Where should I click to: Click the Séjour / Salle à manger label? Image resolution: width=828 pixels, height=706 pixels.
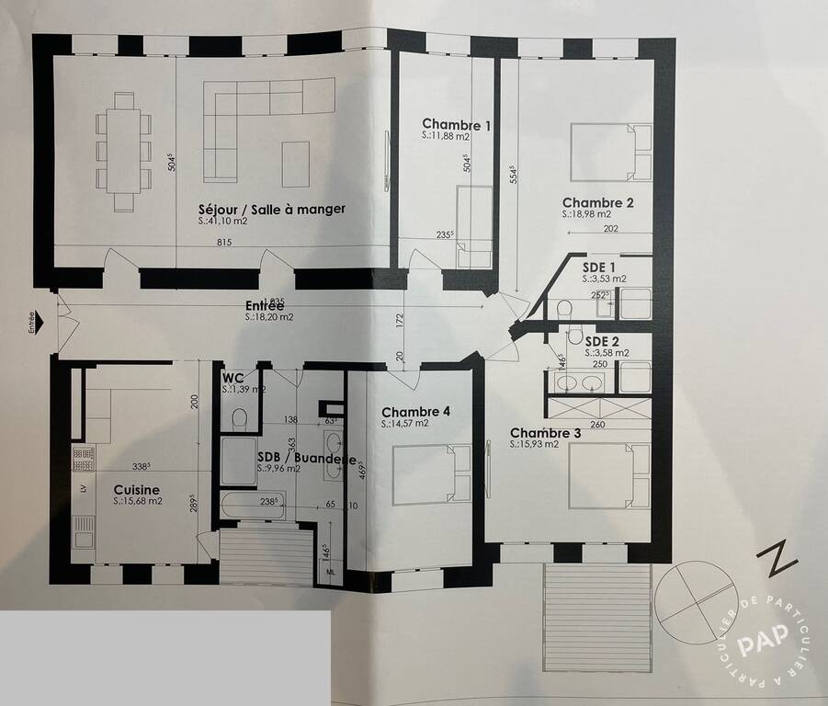(272, 209)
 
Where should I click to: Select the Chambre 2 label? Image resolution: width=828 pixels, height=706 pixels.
(597, 203)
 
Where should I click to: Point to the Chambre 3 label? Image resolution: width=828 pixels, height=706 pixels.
(546, 433)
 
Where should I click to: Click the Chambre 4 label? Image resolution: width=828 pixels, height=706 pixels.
(416, 412)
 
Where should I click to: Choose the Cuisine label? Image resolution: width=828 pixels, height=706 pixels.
(136, 490)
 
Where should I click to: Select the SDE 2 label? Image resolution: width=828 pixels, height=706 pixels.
(602, 340)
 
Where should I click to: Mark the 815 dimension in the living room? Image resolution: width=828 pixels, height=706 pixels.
(223, 243)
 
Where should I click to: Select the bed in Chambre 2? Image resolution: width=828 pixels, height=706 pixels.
(610, 154)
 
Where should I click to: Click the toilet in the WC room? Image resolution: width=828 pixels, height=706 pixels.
(240, 420)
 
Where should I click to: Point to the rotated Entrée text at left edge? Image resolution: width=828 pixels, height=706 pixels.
(30, 322)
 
